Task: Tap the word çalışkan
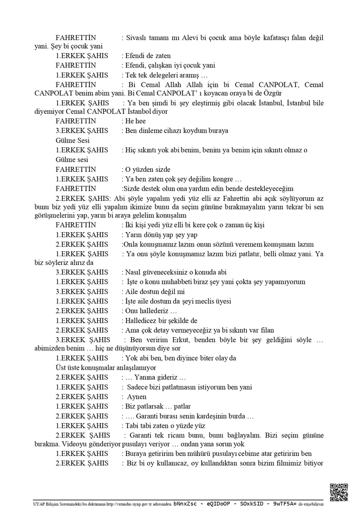click(164, 65)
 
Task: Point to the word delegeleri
click(167, 75)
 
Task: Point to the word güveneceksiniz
click(168, 272)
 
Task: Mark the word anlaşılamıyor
click(131, 368)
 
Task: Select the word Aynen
click(137, 396)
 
